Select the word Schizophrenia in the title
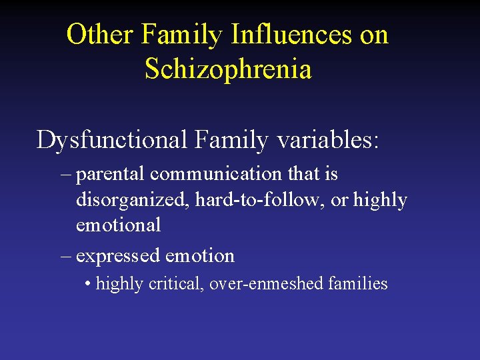pyautogui.click(x=228, y=69)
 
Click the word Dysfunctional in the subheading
pyautogui.click(x=113, y=140)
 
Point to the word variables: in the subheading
pyautogui.click(x=326, y=140)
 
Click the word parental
pyautogui.click(x=111, y=175)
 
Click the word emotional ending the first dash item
pyautogui.click(x=118, y=225)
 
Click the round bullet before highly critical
pyautogui.click(x=88, y=283)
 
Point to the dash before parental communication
pyautogui.click(x=65, y=175)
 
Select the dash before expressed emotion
pyautogui.click(x=65, y=255)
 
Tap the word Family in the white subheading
pyautogui.click(x=231, y=140)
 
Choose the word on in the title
pyautogui.click(x=373, y=35)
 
